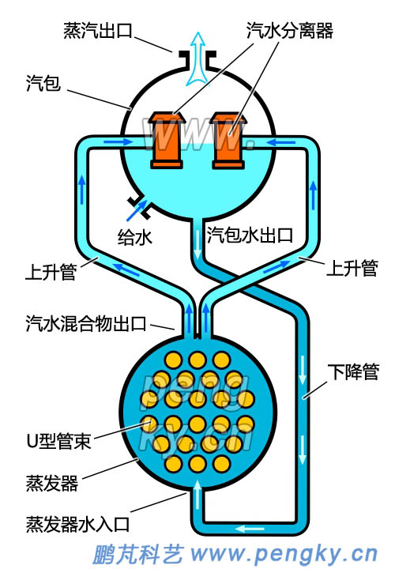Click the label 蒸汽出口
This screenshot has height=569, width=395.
point(97,31)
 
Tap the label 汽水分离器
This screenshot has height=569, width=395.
point(291,31)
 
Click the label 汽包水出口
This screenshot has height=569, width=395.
point(250,235)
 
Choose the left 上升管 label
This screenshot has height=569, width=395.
point(51,273)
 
